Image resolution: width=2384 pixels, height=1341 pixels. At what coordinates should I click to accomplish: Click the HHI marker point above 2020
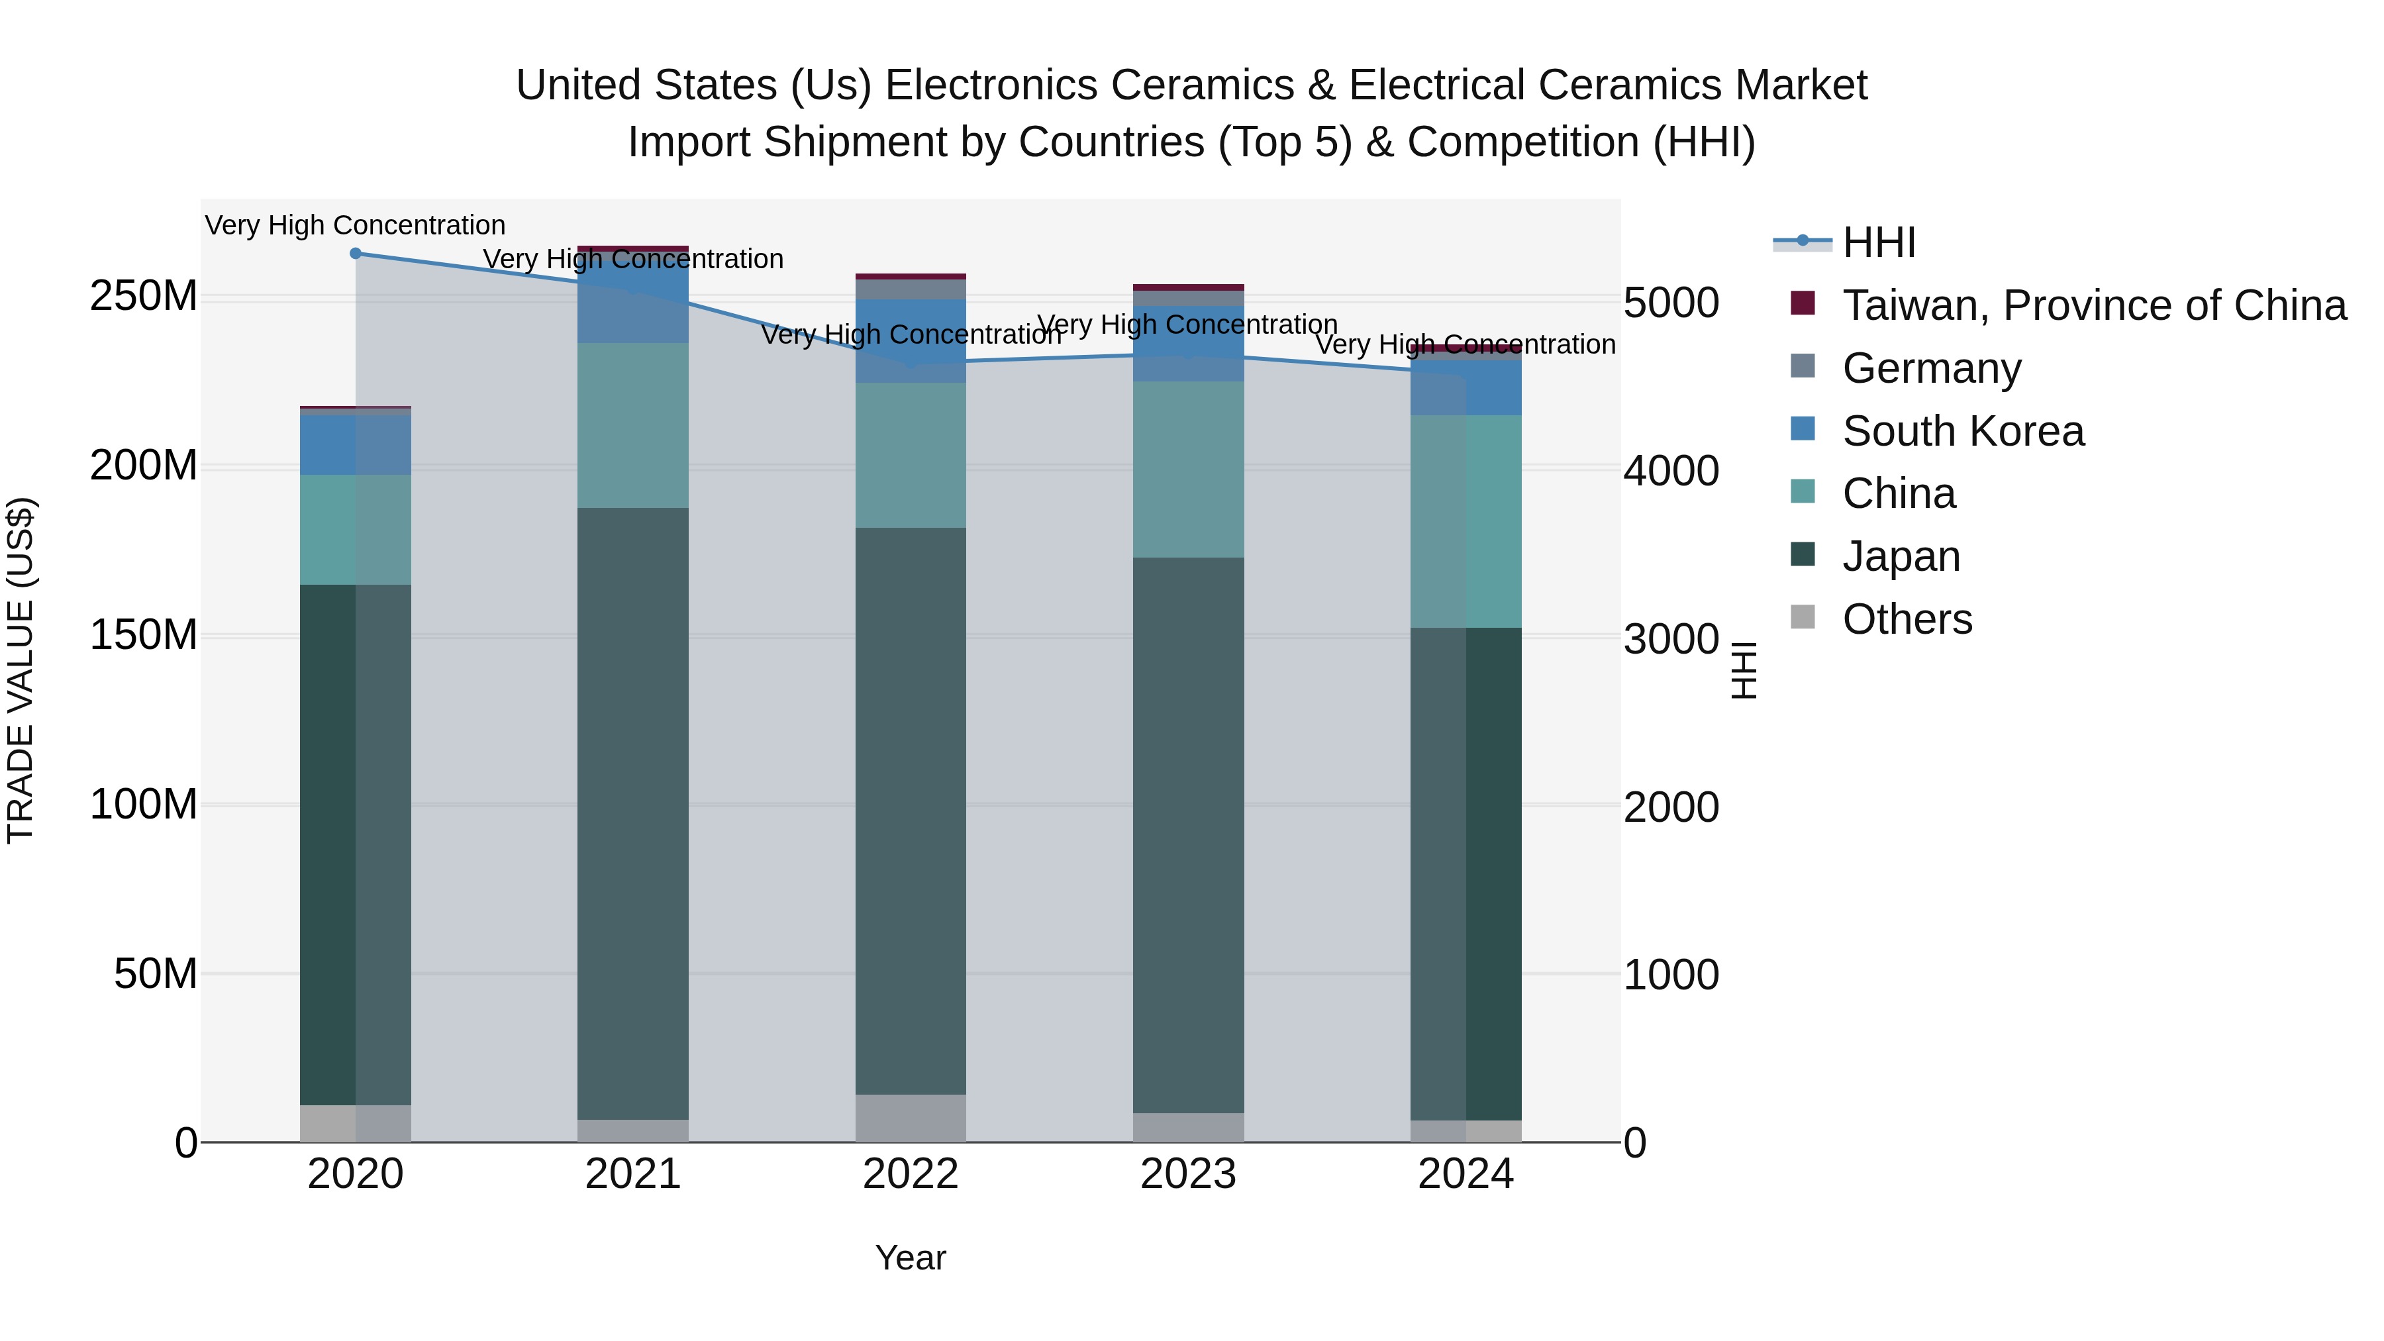[356, 254]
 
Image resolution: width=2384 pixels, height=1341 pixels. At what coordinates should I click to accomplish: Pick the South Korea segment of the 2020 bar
[356, 445]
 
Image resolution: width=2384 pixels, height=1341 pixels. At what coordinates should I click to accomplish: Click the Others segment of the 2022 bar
[911, 1118]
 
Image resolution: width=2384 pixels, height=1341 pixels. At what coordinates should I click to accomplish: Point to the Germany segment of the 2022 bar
[911, 289]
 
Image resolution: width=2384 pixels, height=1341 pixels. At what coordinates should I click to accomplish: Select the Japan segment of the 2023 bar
[1188, 834]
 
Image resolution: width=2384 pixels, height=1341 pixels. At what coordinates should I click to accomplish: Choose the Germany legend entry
[1932, 368]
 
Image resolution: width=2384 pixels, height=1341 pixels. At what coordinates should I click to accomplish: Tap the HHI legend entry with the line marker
[1879, 242]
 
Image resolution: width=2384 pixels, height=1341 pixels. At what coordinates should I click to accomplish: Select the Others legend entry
[1907, 619]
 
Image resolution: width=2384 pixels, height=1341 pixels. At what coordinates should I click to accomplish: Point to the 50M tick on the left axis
[156, 973]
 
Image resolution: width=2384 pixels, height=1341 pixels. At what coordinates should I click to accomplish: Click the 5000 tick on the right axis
[1671, 303]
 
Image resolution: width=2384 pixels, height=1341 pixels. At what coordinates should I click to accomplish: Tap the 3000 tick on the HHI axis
[1671, 638]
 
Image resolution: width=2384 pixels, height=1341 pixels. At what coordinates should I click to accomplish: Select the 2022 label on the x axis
[911, 1174]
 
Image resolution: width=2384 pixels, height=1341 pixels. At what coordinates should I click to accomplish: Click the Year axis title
[911, 1258]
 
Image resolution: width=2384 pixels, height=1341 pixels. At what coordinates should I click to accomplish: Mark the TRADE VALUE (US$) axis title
[21, 670]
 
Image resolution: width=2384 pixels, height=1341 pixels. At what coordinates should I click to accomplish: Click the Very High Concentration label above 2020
[356, 225]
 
